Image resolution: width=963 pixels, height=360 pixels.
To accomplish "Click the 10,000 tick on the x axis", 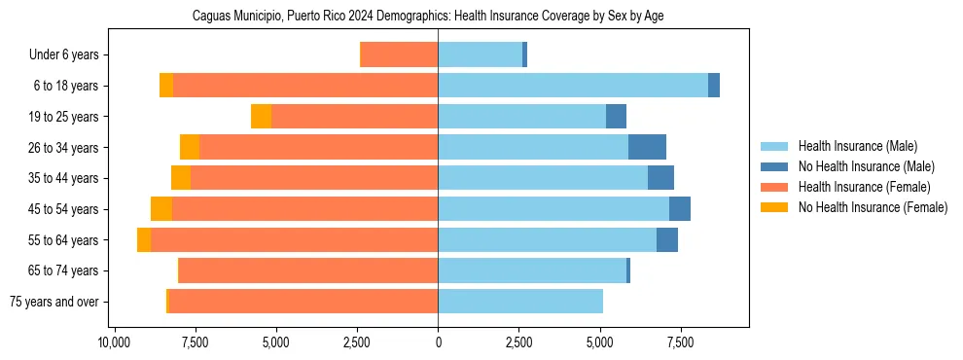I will coord(115,342).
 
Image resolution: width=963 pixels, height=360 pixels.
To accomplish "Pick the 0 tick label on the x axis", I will coord(438,342).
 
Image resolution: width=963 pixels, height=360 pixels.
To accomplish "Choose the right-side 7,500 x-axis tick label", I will coord(680,342).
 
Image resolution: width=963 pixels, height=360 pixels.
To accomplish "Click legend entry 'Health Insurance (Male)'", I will coord(857,146).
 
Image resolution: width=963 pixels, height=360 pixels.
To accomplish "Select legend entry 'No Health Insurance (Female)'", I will coord(873,207).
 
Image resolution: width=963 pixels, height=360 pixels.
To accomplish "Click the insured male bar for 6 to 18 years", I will coord(573,86).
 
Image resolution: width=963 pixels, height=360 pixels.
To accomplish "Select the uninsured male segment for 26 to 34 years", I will coord(647,147).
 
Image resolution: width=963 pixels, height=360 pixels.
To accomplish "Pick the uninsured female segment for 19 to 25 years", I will coord(261,117).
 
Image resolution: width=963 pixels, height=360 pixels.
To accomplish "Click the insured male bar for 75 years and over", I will coord(520,302).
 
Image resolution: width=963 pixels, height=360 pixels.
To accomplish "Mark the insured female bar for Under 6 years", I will coord(399,55).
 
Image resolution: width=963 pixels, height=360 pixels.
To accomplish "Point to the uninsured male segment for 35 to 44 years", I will coord(660,178).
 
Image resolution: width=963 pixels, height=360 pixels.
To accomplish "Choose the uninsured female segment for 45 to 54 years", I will coord(161,209).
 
